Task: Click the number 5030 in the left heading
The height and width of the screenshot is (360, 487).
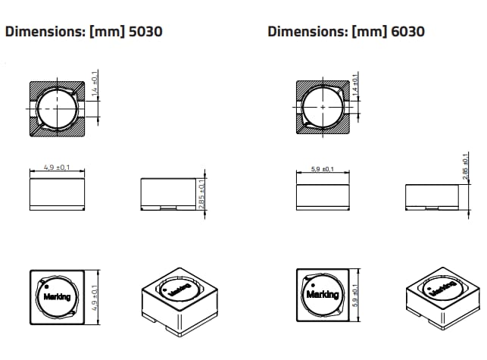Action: tap(142, 32)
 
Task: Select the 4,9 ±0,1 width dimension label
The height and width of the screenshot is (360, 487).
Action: tap(56, 167)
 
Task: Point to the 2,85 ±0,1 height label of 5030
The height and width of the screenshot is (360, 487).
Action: tap(201, 195)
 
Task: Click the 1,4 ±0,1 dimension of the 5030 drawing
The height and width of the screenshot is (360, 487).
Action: tap(94, 84)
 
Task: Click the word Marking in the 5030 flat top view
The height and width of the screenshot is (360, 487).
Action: tap(56, 296)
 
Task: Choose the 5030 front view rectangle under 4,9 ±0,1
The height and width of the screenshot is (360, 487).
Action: tap(56, 191)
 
